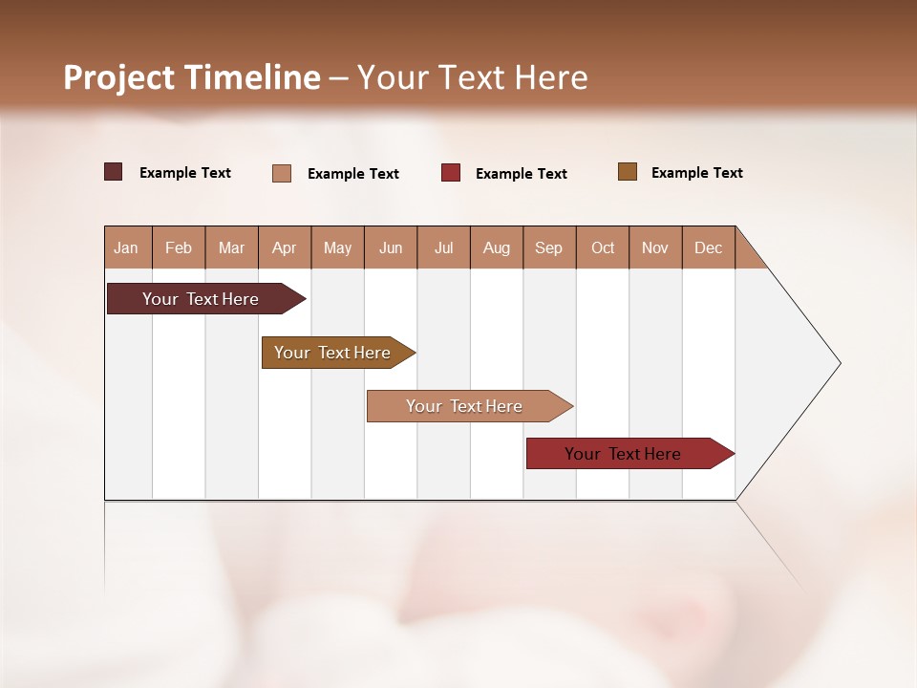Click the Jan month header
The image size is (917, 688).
[x=126, y=247]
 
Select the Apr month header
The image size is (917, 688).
[x=284, y=247]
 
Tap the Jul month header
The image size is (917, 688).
[x=443, y=247]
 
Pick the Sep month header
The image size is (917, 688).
[x=548, y=247]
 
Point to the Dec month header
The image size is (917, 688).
[x=708, y=247]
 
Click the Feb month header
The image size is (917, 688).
[x=179, y=247]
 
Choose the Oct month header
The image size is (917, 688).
[x=603, y=247]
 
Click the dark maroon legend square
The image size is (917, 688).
[x=113, y=172]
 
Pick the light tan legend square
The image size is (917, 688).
[x=282, y=173]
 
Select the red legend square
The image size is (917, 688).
[x=451, y=172]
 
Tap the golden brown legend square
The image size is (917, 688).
[x=627, y=172]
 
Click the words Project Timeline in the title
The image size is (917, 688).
[x=191, y=77]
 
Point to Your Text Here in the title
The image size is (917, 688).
[x=472, y=77]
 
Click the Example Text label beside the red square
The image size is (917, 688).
[x=521, y=173]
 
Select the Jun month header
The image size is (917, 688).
[x=390, y=247]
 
